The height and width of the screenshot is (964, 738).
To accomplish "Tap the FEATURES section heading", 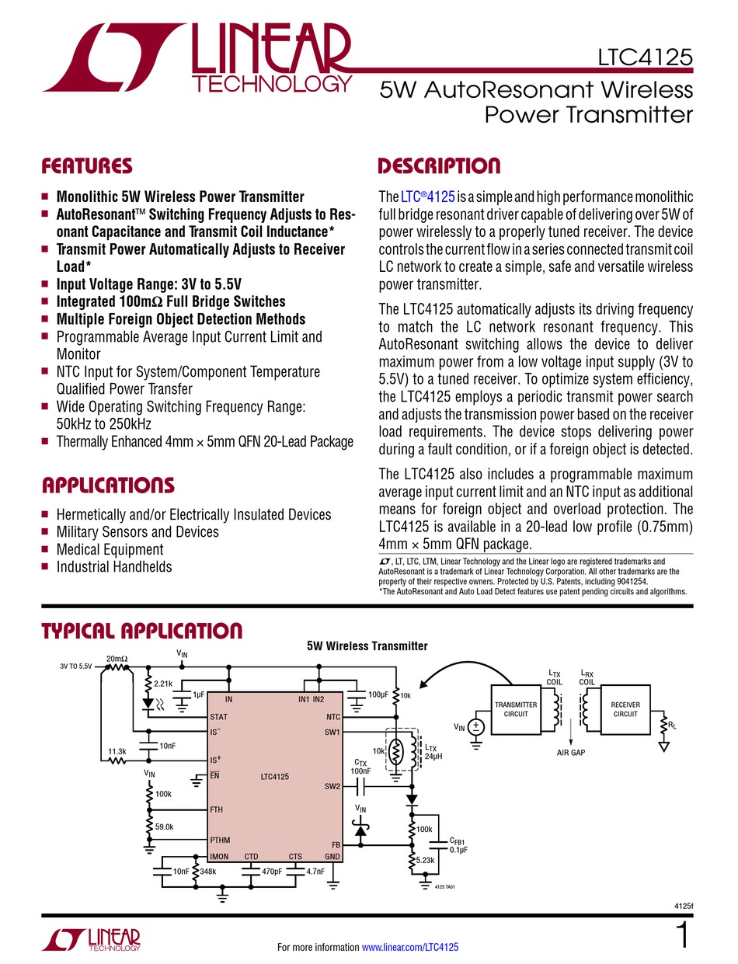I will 86,166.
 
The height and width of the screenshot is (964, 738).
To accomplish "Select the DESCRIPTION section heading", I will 438,166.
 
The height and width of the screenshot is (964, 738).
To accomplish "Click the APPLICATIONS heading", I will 107,486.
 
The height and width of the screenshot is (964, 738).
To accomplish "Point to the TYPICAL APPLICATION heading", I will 141,631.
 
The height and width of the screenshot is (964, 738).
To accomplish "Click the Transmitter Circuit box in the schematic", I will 516,709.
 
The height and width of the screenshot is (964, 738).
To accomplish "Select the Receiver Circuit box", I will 625,709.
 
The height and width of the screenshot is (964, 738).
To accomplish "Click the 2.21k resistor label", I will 164,684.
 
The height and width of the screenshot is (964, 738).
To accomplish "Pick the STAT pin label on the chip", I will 218,717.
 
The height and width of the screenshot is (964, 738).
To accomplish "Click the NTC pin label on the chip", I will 333,717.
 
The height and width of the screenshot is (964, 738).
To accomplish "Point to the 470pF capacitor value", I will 271,872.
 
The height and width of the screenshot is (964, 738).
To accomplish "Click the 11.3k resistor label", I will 117,751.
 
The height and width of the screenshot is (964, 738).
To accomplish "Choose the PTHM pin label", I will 221,840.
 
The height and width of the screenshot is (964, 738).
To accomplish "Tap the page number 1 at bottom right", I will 683,936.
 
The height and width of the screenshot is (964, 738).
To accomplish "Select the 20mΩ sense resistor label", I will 117,659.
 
